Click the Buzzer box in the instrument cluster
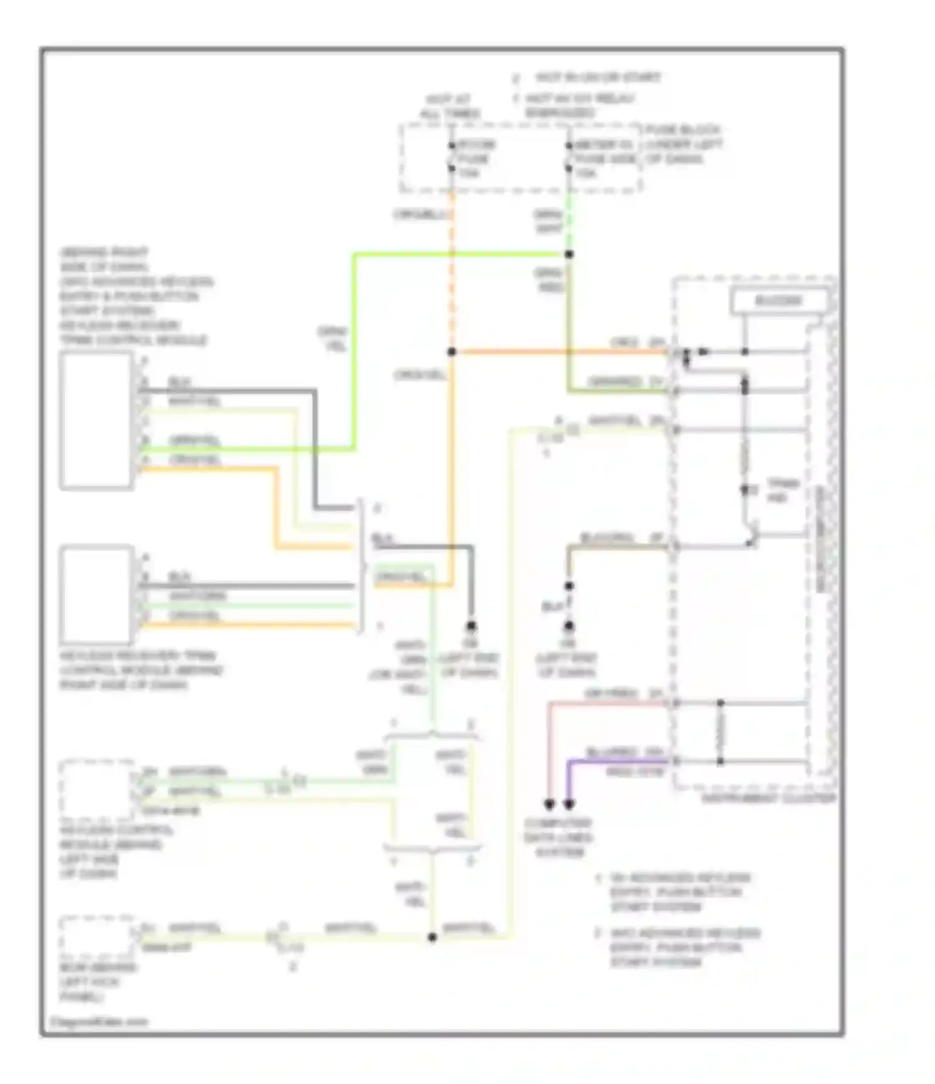point(779,302)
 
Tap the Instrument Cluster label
point(768,799)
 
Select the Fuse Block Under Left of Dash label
point(683,145)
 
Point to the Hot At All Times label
point(449,107)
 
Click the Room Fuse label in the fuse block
point(476,159)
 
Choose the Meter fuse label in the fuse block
point(603,159)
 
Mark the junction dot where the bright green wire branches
point(568,254)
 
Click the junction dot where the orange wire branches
point(452,352)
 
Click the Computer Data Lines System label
point(559,837)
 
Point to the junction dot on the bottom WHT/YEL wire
point(432,937)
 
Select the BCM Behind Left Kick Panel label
point(98,982)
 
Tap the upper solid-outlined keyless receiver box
point(96,421)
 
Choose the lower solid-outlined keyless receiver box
point(96,595)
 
